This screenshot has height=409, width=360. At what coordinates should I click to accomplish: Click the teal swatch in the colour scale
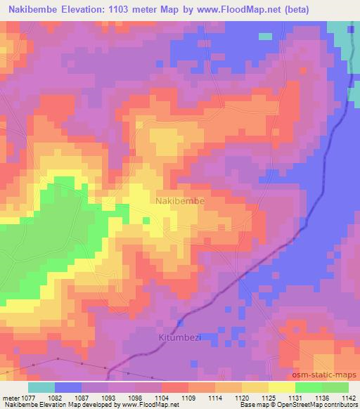click(41, 387)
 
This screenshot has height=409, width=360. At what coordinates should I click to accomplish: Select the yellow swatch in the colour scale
click(281, 387)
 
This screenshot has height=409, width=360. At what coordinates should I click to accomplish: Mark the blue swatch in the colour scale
click(68, 387)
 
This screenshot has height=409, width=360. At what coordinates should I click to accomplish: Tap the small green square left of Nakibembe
click(146, 220)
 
